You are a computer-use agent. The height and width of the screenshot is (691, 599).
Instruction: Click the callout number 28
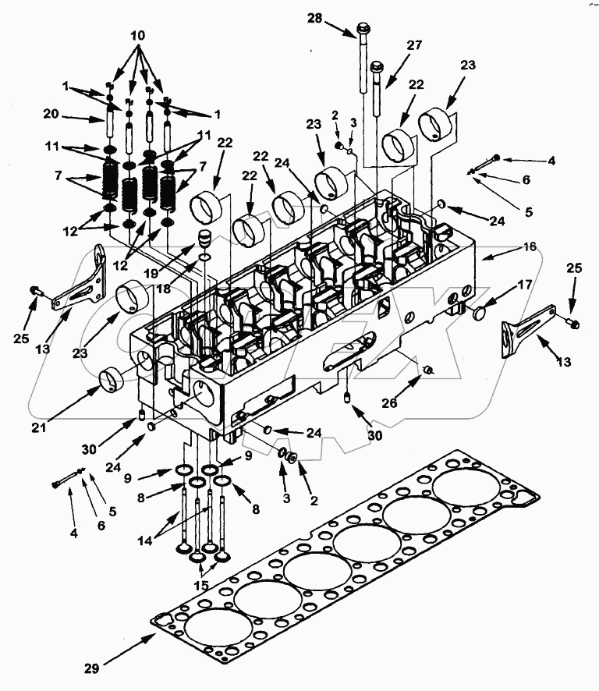[314, 19]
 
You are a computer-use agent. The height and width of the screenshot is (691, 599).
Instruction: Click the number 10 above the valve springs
[137, 37]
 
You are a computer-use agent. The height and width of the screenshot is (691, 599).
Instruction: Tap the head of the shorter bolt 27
[377, 68]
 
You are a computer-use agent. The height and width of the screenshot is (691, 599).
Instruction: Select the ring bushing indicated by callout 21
[112, 381]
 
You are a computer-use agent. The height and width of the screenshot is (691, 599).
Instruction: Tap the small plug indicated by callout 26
[427, 368]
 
